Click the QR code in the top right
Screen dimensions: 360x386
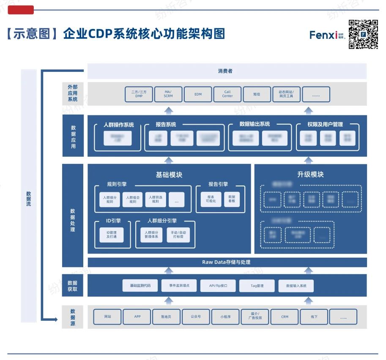(x=363, y=34)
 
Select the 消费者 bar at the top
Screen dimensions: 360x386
(x=227, y=71)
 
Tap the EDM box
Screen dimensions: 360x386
(x=198, y=94)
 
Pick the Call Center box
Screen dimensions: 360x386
(x=227, y=94)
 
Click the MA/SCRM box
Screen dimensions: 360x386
(x=169, y=94)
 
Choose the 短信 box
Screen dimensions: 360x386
(x=257, y=94)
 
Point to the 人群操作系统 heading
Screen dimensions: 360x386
(x=119, y=125)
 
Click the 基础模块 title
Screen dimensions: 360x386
(x=169, y=175)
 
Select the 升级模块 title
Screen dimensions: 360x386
(x=310, y=175)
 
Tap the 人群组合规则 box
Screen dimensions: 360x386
(x=133, y=199)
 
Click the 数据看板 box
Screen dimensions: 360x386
(x=232, y=199)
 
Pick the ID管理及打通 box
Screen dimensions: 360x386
(x=112, y=235)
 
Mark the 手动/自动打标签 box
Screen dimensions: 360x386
(x=178, y=235)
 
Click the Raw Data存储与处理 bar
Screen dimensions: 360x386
(x=226, y=262)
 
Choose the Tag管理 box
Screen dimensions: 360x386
(x=257, y=286)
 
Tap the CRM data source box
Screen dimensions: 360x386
(x=285, y=316)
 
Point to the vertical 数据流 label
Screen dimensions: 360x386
(x=29, y=199)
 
